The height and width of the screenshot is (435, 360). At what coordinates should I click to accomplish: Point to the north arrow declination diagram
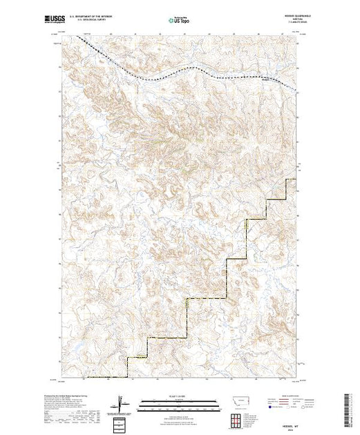coord(121,403)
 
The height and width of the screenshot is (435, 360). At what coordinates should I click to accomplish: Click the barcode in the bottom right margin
coord(349,407)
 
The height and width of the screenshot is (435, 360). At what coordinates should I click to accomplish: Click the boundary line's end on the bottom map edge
coord(126,378)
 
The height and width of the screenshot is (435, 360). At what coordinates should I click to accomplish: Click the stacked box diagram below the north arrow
coord(121,420)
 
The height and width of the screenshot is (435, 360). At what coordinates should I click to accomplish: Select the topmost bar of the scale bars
coord(179,401)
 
